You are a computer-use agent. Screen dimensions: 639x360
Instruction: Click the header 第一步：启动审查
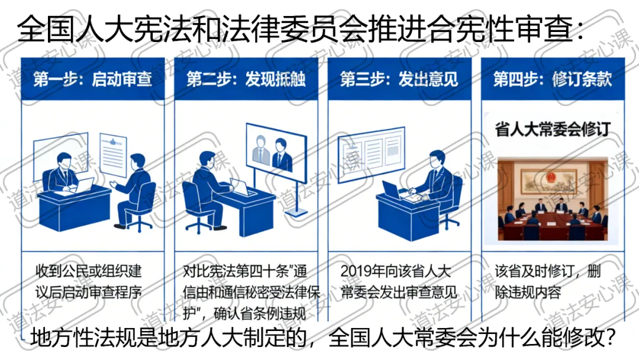pyautogui.click(x=92, y=79)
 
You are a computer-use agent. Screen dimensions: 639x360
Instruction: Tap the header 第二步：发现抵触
pyautogui.click(x=246, y=79)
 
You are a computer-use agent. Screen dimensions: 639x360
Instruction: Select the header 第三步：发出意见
pyautogui.click(x=399, y=79)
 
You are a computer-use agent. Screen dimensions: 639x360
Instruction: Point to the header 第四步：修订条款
pyautogui.click(x=552, y=79)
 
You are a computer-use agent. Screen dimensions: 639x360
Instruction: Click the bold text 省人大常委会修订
pyautogui.click(x=551, y=129)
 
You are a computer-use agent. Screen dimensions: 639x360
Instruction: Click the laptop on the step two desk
pyautogui.click(x=243, y=187)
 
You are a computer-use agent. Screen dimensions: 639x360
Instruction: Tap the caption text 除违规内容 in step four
pyautogui.click(x=528, y=292)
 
